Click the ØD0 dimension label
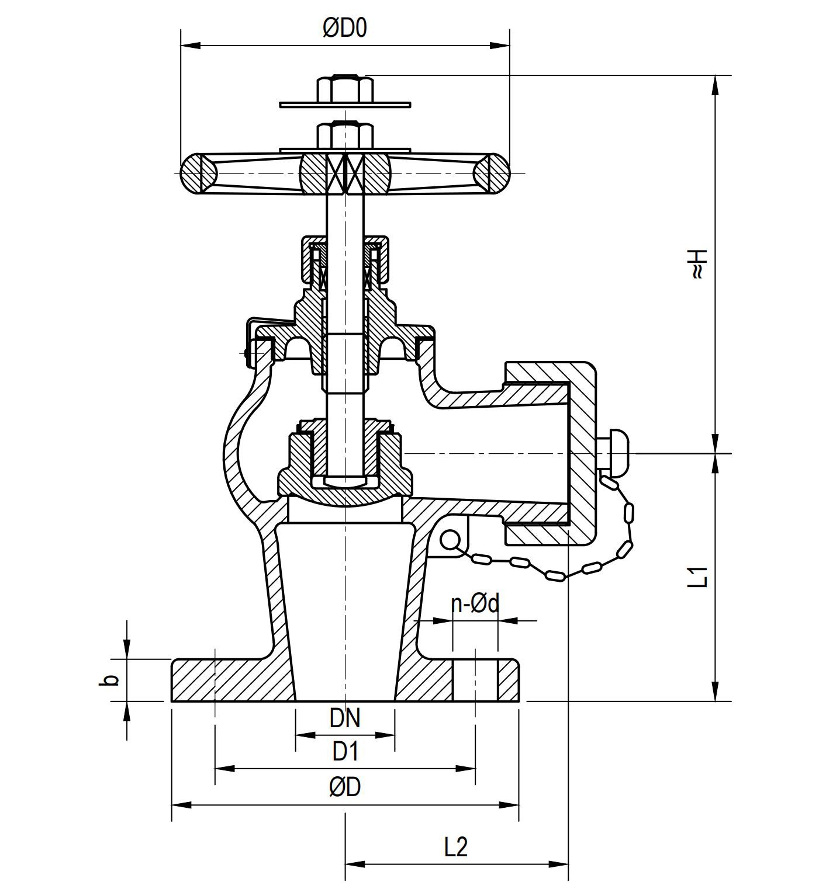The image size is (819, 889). [x=345, y=28]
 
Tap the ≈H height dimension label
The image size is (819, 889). [x=698, y=264]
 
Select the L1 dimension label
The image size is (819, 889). [x=698, y=577]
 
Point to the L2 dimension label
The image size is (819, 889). [x=456, y=846]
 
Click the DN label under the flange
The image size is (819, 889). [x=345, y=718]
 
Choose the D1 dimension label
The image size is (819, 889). [x=345, y=752]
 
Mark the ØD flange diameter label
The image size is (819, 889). [x=345, y=787]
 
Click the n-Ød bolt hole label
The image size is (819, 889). [x=475, y=603]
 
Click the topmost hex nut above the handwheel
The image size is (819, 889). [x=345, y=89]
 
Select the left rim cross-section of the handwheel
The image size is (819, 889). [x=199, y=173]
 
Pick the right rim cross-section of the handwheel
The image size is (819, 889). [x=491, y=173]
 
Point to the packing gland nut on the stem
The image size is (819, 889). [x=345, y=257]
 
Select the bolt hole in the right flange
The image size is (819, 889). [x=475, y=680]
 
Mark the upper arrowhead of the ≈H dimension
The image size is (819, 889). [x=715, y=85]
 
